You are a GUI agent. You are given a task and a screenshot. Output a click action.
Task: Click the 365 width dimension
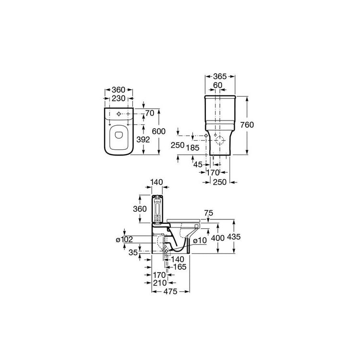[220, 76]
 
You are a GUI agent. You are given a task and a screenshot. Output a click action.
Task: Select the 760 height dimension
[247, 125]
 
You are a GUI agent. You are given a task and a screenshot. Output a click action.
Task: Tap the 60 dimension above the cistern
[217, 85]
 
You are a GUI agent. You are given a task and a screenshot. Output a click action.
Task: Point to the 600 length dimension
[159, 132]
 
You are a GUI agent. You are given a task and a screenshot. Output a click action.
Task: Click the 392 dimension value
[143, 139]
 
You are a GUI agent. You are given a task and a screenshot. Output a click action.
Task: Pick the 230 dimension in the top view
[119, 98]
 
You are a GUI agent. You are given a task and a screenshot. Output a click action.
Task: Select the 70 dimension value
[150, 113]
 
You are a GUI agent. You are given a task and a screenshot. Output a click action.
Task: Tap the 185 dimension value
[192, 148]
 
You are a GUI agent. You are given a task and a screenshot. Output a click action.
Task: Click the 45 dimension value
[198, 164]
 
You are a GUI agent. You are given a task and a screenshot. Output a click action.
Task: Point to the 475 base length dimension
[170, 291]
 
